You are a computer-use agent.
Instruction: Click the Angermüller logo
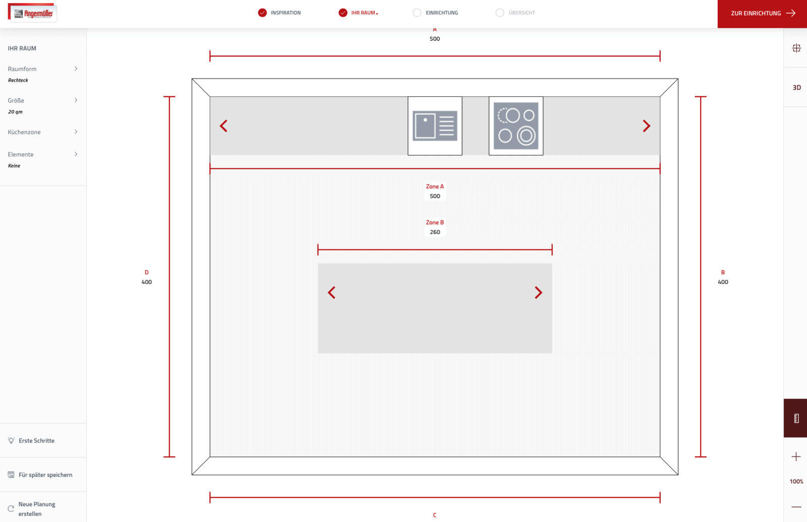coord(32,13)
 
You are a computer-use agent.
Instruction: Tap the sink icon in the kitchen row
coord(435,126)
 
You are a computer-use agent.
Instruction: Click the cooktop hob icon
coord(516,126)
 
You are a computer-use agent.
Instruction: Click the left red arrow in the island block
coord(331,293)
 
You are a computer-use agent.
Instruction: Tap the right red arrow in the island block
coord(538,293)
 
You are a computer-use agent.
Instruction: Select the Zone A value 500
coord(435,196)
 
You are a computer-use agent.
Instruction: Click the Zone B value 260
coord(435,232)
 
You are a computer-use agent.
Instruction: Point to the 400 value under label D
coord(147,282)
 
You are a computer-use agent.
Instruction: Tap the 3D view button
coord(796,88)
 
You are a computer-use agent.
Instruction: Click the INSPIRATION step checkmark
coord(262,13)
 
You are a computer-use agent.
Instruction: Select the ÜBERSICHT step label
coord(522,13)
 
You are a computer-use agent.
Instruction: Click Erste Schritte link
coord(36,441)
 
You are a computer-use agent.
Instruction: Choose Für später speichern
coord(45,475)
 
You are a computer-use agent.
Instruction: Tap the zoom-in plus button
coord(796,457)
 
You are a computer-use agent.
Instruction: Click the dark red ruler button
coord(795,418)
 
